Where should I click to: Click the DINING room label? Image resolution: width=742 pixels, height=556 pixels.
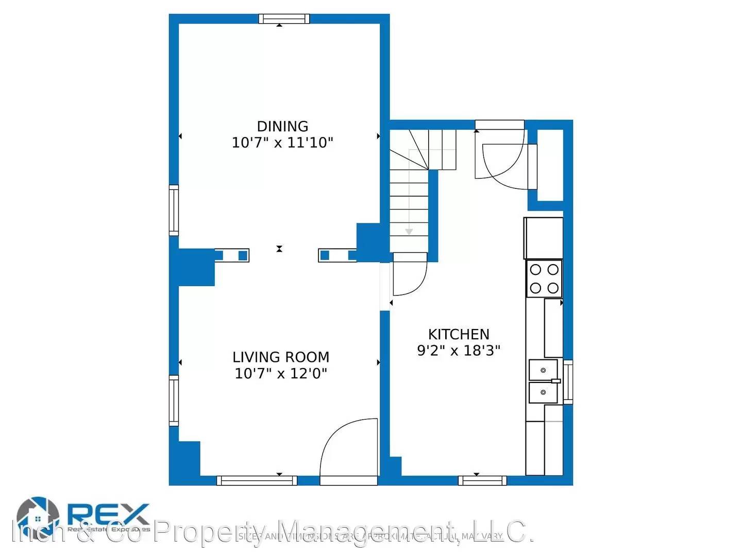click(x=282, y=126)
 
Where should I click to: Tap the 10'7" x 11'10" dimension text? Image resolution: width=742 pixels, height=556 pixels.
click(x=282, y=143)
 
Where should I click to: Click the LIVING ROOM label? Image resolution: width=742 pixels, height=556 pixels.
click(x=281, y=357)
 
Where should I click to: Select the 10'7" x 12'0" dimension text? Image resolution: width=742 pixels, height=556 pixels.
click(x=281, y=373)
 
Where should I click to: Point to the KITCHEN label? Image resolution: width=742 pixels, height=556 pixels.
click(x=459, y=334)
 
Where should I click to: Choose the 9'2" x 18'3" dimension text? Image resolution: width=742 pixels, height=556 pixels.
click(x=459, y=351)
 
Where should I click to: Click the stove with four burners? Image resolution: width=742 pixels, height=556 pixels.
click(x=544, y=279)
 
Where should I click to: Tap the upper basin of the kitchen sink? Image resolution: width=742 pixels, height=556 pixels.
click(x=543, y=370)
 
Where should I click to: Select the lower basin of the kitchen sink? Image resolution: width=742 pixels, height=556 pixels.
click(x=543, y=393)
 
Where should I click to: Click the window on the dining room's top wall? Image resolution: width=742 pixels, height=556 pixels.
click(x=284, y=19)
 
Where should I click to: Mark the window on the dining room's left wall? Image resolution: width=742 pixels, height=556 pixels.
click(x=174, y=210)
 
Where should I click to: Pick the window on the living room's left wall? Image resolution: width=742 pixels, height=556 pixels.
click(x=174, y=401)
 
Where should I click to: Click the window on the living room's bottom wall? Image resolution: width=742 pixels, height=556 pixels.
click(x=257, y=480)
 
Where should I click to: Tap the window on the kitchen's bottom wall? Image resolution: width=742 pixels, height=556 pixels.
click(x=482, y=480)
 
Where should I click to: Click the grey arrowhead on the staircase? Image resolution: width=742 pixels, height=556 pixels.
click(x=409, y=232)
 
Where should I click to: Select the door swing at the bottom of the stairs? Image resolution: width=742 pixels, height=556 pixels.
click(x=410, y=275)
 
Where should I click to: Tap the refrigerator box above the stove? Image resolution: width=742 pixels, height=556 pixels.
click(x=543, y=238)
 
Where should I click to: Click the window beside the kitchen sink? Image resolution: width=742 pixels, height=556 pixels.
click(x=568, y=381)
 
